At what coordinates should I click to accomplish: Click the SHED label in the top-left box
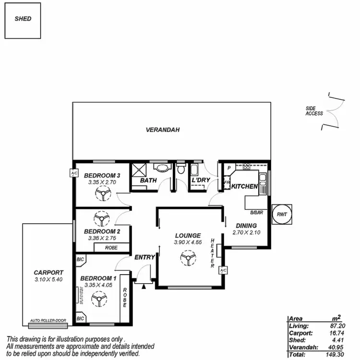23,19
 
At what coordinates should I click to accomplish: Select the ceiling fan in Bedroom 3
102,194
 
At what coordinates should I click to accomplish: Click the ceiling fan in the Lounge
187,259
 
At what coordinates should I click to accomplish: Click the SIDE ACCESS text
314,111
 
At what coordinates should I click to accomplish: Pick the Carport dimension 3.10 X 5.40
48,279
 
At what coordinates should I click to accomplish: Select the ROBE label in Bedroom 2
111,247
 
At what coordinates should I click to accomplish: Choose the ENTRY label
144,257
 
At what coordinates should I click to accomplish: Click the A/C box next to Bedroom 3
74,173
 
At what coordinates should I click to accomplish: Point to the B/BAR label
255,212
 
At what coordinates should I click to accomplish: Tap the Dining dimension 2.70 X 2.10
246,232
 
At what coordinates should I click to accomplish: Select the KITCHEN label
245,186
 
